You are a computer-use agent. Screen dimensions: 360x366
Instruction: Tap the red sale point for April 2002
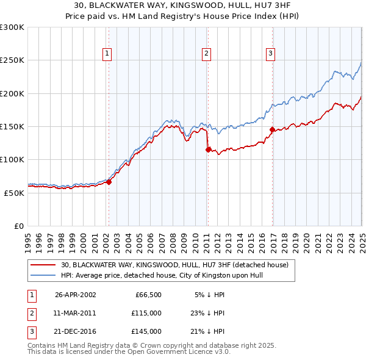click(x=109, y=181)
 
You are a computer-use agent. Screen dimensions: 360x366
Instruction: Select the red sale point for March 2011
click(x=208, y=149)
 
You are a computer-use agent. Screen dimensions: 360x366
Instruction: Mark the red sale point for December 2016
click(x=272, y=129)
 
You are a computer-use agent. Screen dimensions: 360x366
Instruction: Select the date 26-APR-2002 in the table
click(x=75, y=294)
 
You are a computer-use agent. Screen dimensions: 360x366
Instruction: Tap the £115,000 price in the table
click(x=147, y=313)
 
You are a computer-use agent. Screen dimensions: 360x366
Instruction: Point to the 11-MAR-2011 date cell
click(x=75, y=313)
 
